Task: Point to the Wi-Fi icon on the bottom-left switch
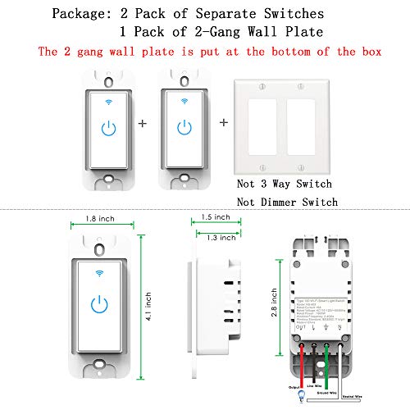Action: coord(99,274)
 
